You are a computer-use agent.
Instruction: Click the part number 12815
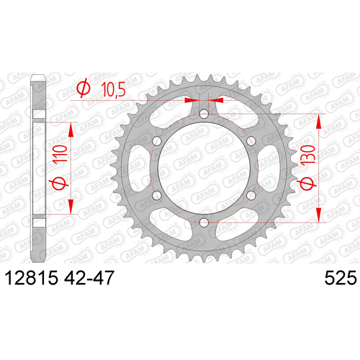(32, 278)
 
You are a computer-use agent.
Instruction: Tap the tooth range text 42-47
(89, 278)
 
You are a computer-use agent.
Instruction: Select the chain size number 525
(341, 278)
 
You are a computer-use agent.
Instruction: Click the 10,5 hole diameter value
(113, 89)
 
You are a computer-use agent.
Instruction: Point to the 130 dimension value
(309, 155)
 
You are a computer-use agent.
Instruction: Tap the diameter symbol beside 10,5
(84, 89)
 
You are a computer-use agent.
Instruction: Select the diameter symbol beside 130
(307, 184)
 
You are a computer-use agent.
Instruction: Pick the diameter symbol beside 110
(58, 183)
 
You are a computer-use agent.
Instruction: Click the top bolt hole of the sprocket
(204, 114)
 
